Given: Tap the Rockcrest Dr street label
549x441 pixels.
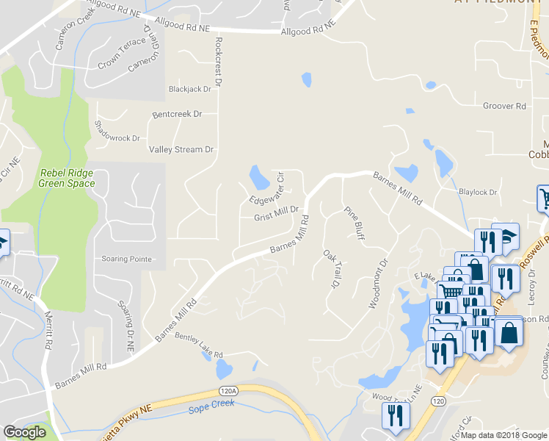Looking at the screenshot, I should pos(217,56).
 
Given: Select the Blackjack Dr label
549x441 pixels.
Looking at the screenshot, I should pos(189,88).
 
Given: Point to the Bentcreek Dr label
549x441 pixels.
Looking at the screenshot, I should pos(176,115).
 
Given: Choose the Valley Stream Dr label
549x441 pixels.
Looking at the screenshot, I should pos(181,149).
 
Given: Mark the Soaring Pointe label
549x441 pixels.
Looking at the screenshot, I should pos(128,259).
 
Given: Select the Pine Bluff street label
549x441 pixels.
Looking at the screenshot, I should pos(355,223).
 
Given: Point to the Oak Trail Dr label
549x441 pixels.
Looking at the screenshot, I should pos(332,268).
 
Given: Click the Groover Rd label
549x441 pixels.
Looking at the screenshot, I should pos(504,106).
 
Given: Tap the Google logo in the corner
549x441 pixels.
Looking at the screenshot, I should pos(25,431).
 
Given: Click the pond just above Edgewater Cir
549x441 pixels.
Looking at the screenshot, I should pos(259,176).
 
